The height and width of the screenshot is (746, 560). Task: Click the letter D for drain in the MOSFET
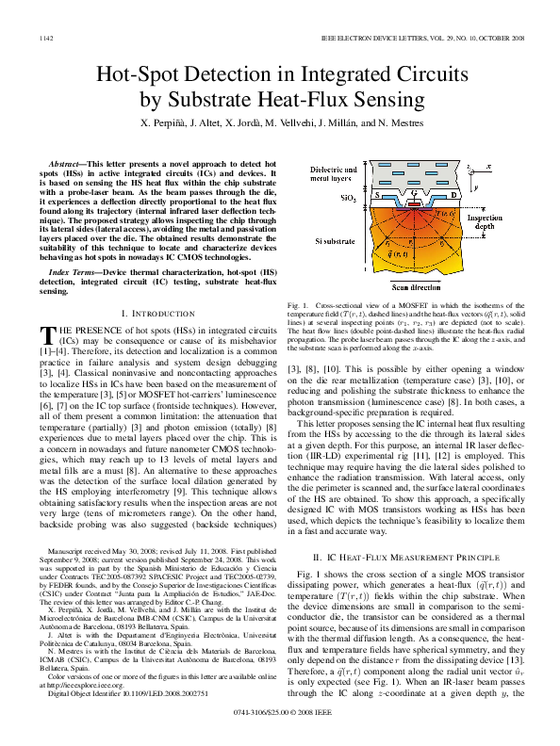click(451, 194)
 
